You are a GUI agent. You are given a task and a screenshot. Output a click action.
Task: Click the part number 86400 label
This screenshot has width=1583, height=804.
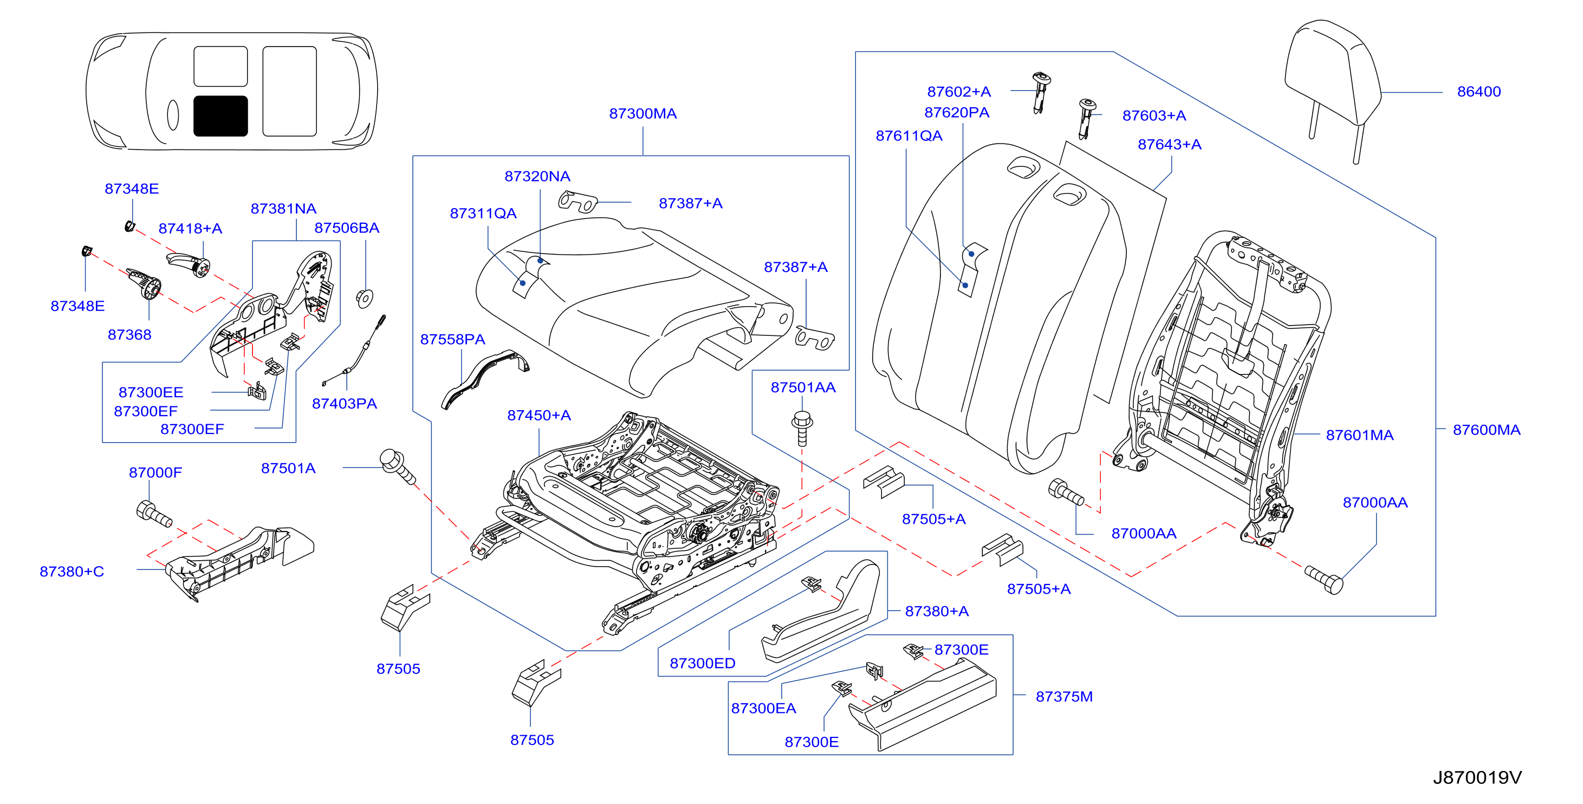click(1478, 92)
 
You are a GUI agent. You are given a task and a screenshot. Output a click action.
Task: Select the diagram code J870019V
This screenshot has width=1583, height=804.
click(1477, 777)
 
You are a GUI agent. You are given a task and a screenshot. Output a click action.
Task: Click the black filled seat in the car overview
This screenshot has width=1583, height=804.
click(220, 115)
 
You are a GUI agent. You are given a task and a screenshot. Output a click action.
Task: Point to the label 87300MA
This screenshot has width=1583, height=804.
click(643, 114)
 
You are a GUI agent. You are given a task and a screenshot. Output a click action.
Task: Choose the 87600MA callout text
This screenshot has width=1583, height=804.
click(1487, 430)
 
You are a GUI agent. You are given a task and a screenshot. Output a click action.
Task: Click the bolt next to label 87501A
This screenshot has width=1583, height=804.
click(398, 466)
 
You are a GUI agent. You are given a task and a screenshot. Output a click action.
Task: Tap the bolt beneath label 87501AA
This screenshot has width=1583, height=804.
click(802, 428)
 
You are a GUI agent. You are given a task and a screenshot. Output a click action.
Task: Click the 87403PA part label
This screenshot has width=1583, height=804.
click(344, 404)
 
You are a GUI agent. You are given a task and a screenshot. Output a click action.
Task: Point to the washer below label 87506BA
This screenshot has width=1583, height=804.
click(365, 298)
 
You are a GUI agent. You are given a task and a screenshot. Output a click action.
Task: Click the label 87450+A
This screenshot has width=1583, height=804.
click(539, 416)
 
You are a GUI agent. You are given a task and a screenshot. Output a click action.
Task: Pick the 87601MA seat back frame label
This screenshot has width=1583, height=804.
click(1359, 435)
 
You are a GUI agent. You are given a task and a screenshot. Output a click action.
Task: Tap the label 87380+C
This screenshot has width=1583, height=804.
click(72, 572)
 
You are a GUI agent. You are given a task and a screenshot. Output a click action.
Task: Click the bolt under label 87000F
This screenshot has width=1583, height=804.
click(154, 514)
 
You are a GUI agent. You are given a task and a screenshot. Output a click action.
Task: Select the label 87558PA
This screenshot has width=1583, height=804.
click(453, 339)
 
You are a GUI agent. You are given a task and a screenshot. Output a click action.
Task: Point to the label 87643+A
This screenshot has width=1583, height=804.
click(1170, 145)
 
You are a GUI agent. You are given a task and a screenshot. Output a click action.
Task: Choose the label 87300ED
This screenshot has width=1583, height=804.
click(703, 663)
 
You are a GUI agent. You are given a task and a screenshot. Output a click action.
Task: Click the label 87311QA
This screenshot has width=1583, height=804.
click(483, 213)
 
